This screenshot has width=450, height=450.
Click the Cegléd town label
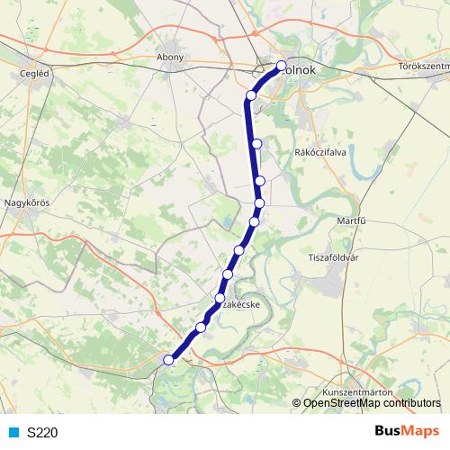coord(35,74)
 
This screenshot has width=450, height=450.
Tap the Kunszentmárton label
coord(356,394)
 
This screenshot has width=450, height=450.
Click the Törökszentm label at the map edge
coord(423,66)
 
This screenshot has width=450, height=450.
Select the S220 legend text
coord(43,432)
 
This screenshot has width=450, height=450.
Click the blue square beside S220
coord(14,432)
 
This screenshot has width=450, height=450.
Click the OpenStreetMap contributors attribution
coord(372,403)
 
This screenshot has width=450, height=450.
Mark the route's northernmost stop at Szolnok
coord(281,65)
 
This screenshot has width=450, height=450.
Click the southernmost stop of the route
coord(167,360)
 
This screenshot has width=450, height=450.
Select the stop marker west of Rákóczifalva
coord(257,143)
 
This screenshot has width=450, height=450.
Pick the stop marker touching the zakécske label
coord(220,297)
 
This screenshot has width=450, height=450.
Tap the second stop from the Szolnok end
coord(252,95)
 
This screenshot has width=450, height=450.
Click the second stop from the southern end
coord(201,327)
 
